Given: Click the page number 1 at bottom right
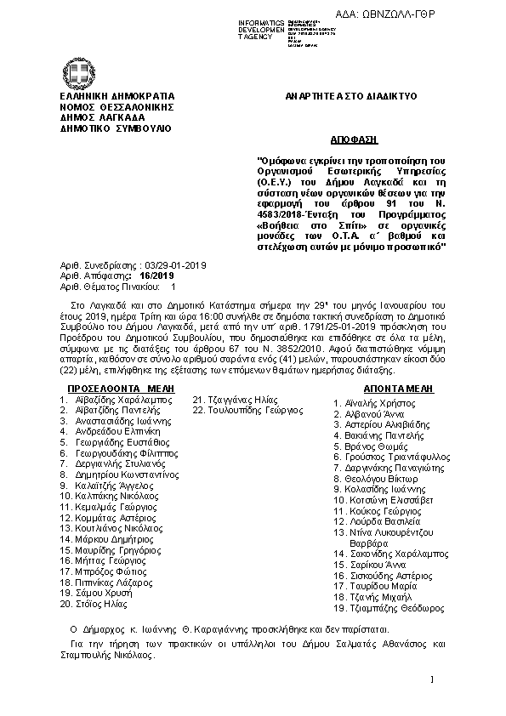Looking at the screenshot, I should (x=433, y=680).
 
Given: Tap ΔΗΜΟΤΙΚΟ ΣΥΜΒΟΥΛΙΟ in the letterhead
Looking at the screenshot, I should (x=116, y=128).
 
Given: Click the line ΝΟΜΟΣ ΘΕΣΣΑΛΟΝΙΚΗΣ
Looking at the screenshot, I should (x=117, y=107).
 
